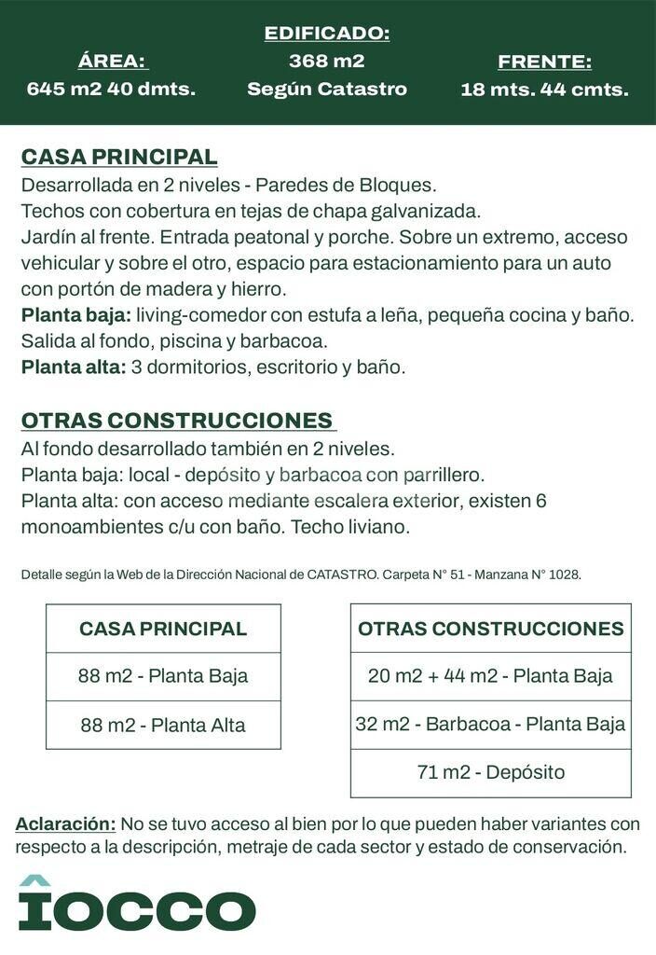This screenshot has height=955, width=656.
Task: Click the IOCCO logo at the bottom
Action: click(x=137, y=905)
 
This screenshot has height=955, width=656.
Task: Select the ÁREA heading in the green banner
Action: click(x=112, y=62)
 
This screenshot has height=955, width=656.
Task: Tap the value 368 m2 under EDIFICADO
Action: click(x=327, y=62)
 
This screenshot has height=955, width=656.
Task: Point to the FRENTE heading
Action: click(x=544, y=62)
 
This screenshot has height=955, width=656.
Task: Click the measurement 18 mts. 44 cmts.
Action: click(x=544, y=90)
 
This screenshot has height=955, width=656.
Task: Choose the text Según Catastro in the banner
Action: click(x=327, y=90)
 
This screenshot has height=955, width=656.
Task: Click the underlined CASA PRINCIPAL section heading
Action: click(x=119, y=157)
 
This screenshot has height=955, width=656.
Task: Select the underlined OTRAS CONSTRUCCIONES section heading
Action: click(x=177, y=421)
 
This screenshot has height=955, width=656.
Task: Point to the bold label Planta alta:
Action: click(x=74, y=367)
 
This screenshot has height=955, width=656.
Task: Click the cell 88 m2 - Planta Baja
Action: click(x=163, y=676)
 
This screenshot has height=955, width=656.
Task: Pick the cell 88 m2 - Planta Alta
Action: click(x=163, y=725)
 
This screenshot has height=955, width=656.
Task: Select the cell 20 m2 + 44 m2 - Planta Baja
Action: click(x=490, y=676)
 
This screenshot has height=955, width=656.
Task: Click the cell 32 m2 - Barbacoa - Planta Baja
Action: click(x=490, y=725)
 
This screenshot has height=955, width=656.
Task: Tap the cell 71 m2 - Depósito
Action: click(x=490, y=773)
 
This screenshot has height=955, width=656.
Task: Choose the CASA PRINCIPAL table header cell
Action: click(x=163, y=629)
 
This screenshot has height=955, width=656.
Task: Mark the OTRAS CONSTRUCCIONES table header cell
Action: click(x=490, y=629)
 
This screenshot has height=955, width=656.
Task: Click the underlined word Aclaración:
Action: click(x=65, y=824)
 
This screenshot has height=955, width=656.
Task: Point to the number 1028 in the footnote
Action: click(x=564, y=574)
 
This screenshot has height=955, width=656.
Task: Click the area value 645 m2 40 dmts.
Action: click(x=111, y=90)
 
